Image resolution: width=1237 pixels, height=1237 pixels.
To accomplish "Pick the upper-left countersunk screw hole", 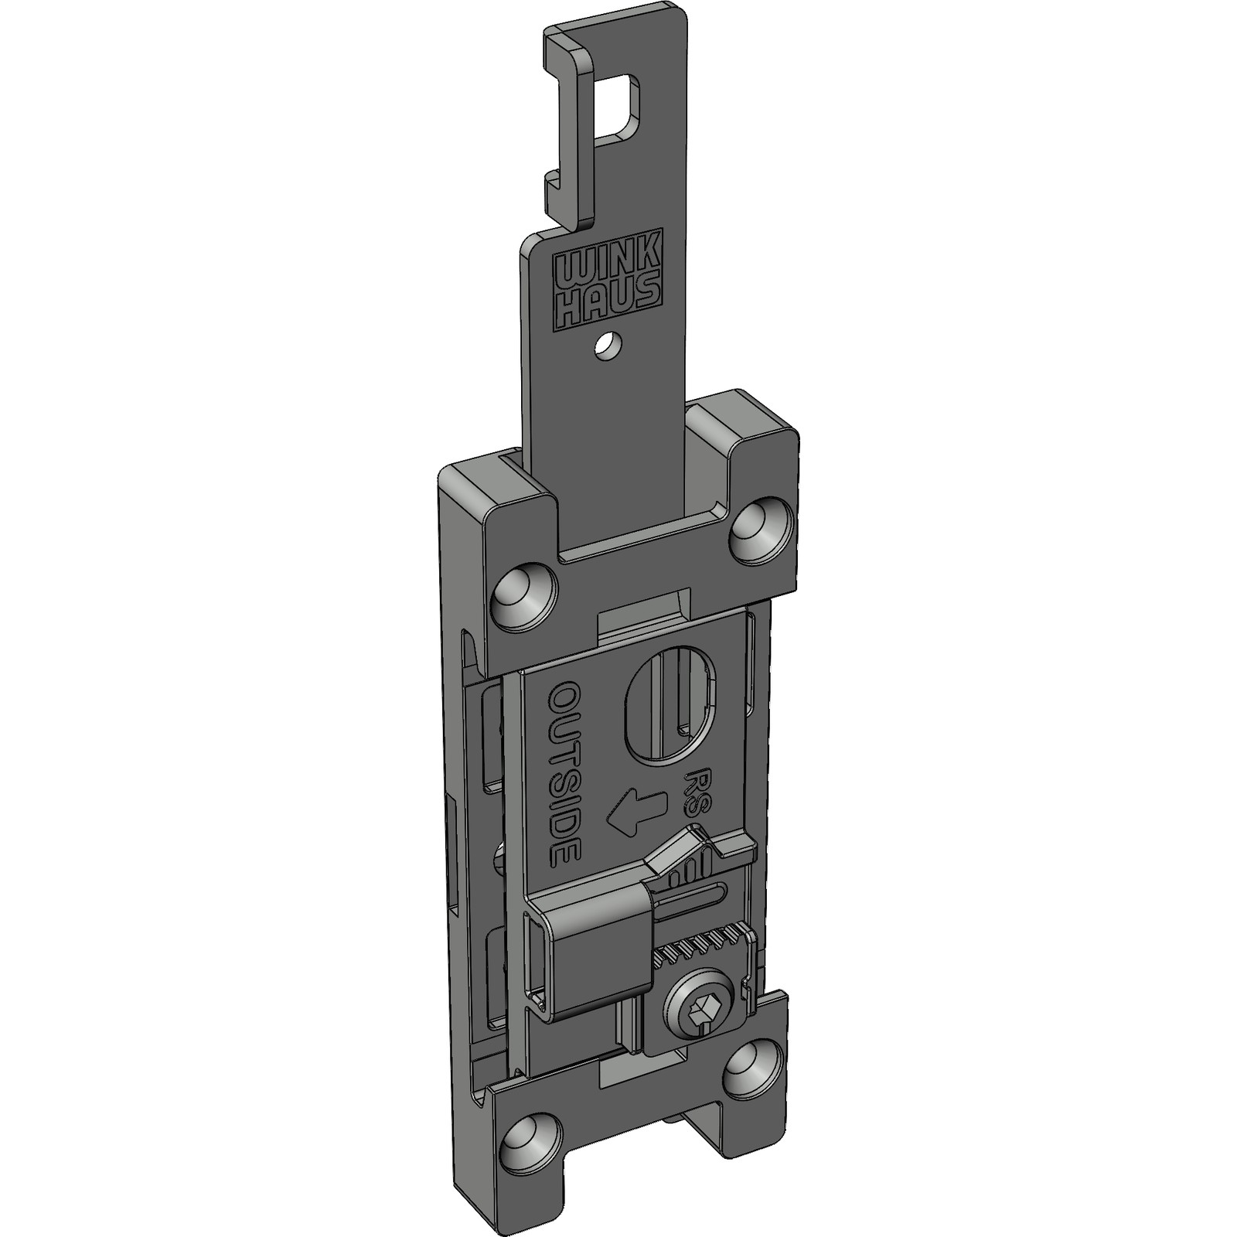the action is click(x=525, y=595).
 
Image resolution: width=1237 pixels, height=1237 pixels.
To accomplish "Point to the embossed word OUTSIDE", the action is click(x=564, y=774).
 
